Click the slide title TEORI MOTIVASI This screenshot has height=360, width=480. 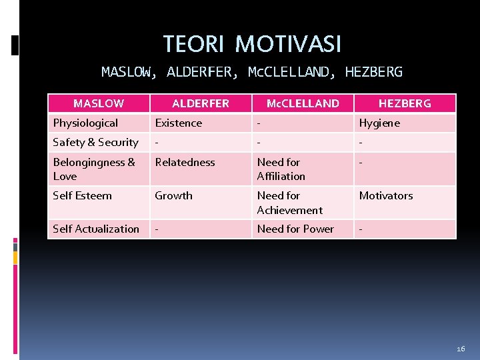(252, 44)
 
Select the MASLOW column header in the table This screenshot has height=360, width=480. (98, 103)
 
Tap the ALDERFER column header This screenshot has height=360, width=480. (200, 103)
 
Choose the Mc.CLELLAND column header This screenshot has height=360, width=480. (303, 103)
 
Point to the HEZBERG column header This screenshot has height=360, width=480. (405, 103)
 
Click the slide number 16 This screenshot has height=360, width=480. (461, 349)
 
